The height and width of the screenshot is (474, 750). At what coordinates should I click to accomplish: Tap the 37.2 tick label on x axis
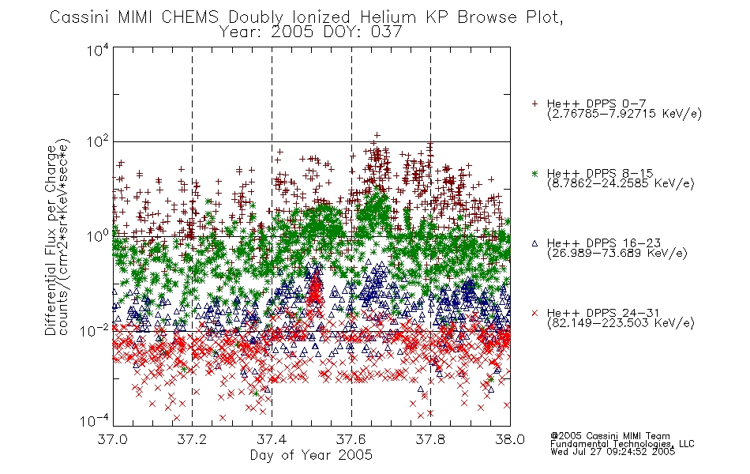(x=193, y=439)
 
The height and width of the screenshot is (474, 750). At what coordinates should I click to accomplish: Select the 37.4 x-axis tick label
(x=272, y=439)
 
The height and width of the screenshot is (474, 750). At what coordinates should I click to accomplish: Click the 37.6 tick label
(x=351, y=439)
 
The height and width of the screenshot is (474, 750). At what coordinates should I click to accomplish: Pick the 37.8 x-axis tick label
(x=430, y=439)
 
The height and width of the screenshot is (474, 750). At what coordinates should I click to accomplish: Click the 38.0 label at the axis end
(x=510, y=439)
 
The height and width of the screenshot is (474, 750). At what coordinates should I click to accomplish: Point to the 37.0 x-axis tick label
(x=113, y=439)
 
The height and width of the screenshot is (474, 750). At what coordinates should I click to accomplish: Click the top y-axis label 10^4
(x=98, y=50)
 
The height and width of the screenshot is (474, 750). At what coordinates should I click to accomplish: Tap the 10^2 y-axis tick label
(x=98, y=142)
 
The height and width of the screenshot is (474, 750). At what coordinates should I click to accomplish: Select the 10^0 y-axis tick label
(x=98, y=236)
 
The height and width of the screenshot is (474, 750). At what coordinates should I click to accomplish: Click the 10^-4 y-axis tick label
(x=96, y=421)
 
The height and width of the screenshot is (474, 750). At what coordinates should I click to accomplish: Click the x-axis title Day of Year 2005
(x=311, y=455)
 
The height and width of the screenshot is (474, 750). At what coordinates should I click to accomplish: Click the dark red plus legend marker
(x=535, y=103)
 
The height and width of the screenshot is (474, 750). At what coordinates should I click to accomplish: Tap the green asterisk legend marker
(x=535, y=173)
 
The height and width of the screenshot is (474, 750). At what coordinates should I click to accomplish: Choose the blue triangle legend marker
(x=535, y=243)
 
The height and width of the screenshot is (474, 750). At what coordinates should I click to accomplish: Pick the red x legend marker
(x=535, y=313)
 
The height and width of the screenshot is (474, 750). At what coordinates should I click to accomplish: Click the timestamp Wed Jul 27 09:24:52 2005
(x=613, y=452)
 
